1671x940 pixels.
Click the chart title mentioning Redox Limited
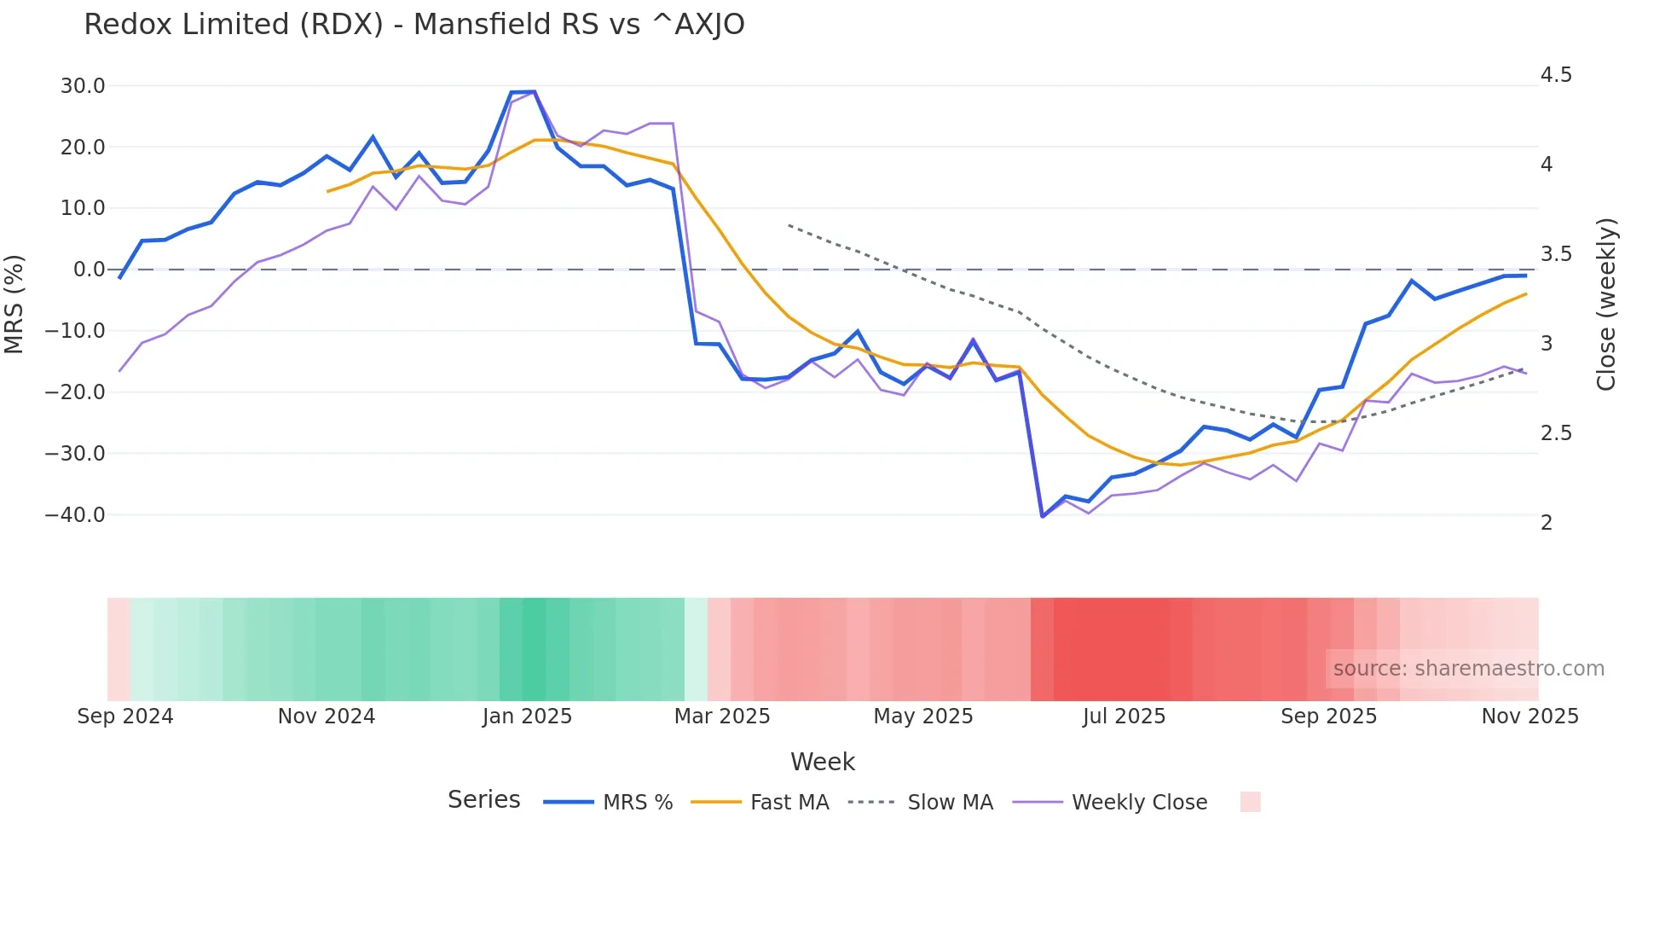pos(414,25)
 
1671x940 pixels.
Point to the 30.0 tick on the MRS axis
pos(83,86)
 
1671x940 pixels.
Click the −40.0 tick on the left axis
pos(76,515)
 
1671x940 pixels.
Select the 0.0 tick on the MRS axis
pos(90,270)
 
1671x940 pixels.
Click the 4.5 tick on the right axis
pos(1556,75)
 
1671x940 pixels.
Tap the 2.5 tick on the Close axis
pos(1556,433)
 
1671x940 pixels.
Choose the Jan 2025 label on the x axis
pos(527,717)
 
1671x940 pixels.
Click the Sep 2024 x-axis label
pos(125,717)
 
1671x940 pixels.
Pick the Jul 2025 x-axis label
pos(1124,717)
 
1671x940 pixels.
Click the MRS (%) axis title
pos(14,305)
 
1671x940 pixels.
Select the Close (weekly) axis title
pos(1606,305)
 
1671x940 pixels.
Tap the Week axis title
pos(822,762)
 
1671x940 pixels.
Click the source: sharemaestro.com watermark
pos(1468,669)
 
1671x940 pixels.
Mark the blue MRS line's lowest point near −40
pos(1042,516)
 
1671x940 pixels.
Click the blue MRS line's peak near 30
pos(534,91)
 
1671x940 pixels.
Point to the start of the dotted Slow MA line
pos(789,225)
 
